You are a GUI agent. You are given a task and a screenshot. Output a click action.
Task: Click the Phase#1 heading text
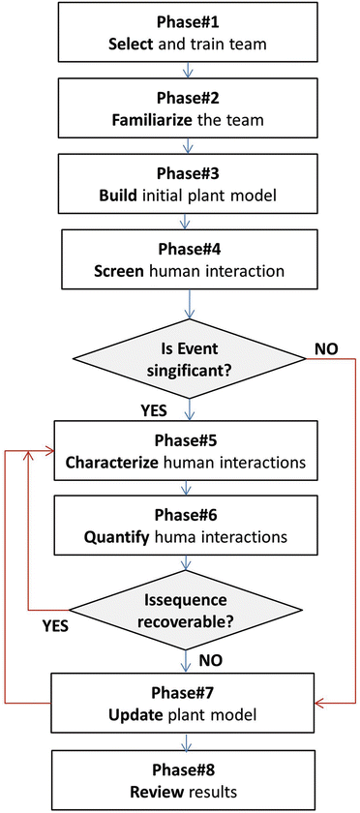pos(181,21)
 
